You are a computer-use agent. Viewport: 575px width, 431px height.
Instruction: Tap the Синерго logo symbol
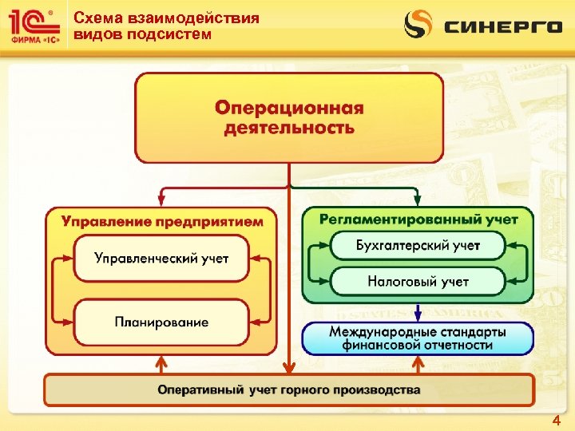click(418, 25)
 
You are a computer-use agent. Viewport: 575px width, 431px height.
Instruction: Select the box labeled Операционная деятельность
click(288, 117)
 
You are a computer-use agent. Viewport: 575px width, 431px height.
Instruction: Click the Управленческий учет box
click(161, 258)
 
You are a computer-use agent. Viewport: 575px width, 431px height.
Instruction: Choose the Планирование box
click(161, 322)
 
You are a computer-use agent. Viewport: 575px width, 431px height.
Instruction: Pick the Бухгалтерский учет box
click(418, 246)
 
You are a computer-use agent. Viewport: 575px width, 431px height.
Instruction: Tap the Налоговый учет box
click(418, 281)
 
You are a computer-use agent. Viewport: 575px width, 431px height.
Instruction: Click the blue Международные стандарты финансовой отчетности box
click(417, 338)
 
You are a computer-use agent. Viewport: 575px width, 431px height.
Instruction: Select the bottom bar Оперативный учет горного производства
click(288, 390)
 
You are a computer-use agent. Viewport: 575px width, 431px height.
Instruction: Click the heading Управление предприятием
click(162, 221)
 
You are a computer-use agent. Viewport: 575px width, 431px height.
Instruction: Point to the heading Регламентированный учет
click(418, 219)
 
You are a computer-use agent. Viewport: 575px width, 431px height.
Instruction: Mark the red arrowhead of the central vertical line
click(288, 368)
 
